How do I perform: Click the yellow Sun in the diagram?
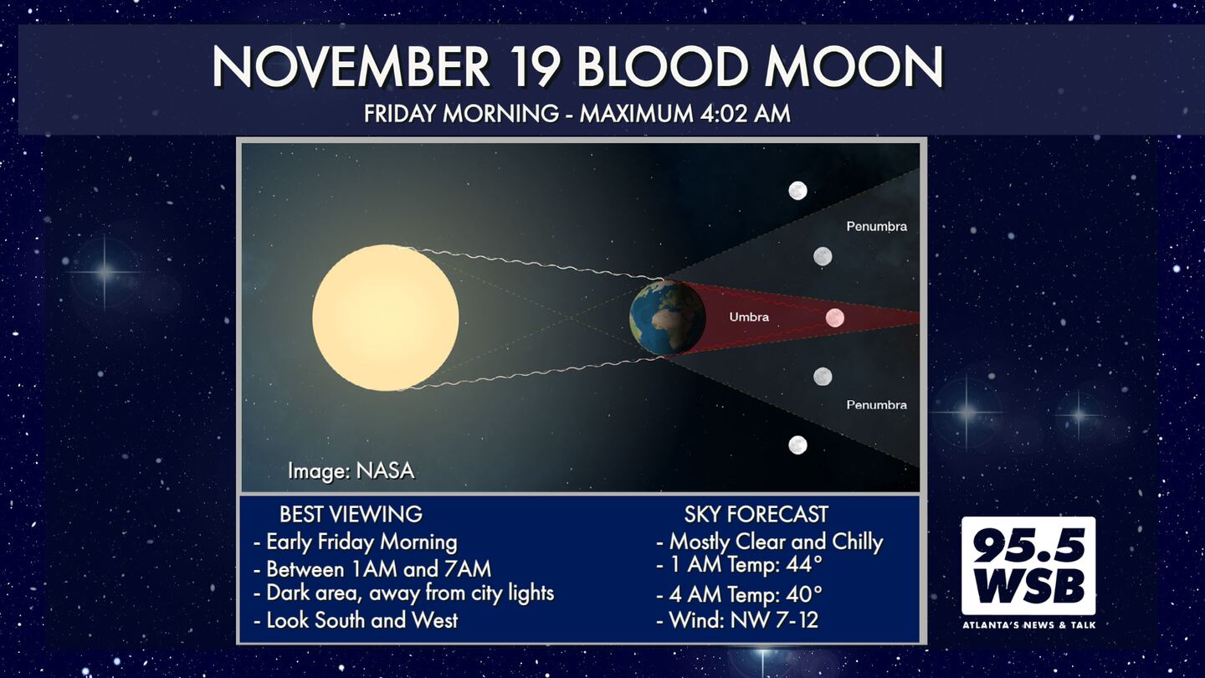386,317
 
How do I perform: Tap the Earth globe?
668,317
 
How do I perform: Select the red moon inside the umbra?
835,317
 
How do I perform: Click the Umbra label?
749,317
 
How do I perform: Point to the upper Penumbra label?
876,227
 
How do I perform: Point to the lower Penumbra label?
876,404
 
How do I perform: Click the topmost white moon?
797,191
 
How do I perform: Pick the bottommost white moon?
797,445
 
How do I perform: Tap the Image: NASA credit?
351,470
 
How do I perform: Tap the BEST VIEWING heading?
351,515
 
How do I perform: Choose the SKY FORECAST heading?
756,515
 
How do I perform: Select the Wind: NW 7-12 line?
737,620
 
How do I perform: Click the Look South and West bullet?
356,620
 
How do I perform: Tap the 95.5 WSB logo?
1028,566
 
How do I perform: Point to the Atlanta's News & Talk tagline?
1028,625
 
